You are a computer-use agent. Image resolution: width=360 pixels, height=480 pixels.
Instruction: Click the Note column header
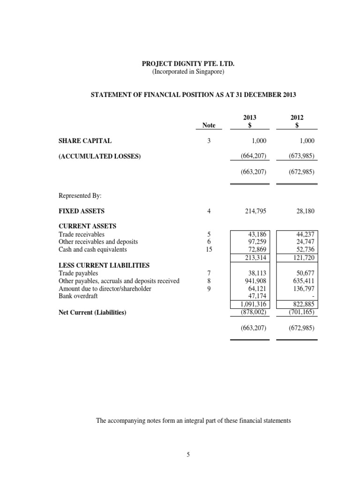[x=209, y=125]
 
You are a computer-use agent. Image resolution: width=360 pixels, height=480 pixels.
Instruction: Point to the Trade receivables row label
[x=82, y=234]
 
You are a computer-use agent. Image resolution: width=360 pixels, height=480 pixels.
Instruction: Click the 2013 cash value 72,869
[x=257, y=249]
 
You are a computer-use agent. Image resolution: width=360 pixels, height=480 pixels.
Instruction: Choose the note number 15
[x=209, y=249]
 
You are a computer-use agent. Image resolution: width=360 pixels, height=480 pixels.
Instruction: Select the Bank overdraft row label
[x=78, y=296]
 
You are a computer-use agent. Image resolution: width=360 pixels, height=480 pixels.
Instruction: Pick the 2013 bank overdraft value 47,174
[x=257, y=296]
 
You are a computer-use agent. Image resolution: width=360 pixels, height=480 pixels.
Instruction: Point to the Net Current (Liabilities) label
[x=92, y=312]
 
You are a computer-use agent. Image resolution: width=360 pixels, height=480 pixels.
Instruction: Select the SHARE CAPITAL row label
[x=85, y=141]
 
